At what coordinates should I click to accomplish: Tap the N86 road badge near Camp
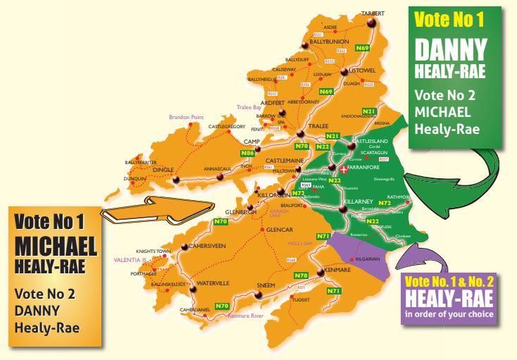click(x=247, y=152)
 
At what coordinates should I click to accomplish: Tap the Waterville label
click(x=206, y=283)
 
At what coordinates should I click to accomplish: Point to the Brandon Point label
click(x=186, y=117)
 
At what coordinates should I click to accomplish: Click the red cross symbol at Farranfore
click(x=343, y=170)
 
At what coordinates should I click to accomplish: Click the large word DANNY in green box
click(x=450, y=50)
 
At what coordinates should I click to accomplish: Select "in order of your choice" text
click(x=448, y=314)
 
